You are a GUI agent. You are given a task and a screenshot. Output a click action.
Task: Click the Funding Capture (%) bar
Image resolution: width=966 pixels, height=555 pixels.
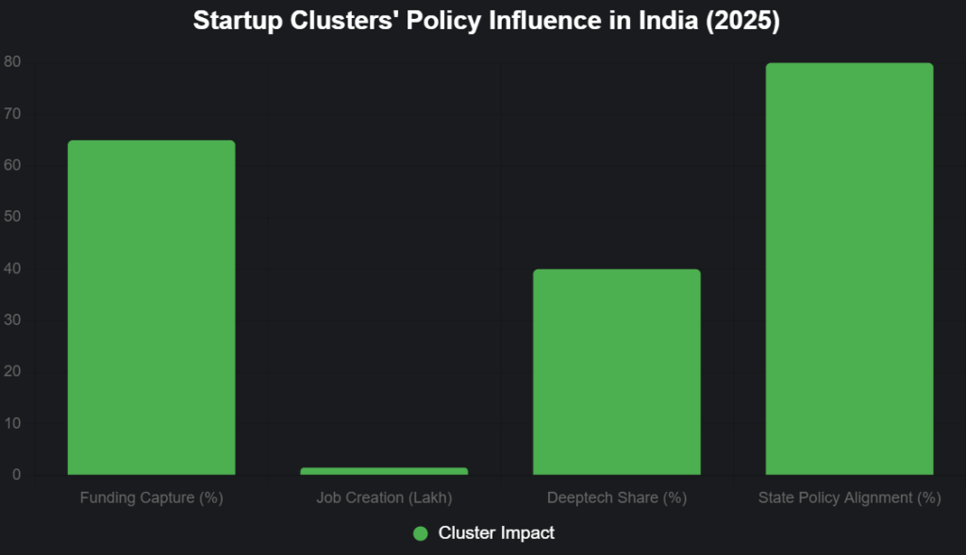click(151, 307)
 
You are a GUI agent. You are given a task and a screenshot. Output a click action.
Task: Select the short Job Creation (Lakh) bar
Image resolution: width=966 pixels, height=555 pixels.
click(384, 470)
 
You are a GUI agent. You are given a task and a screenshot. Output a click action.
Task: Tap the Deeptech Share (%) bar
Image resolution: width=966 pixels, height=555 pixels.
click(617, 371)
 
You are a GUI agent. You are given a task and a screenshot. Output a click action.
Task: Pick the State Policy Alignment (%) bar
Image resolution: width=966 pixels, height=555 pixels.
click(849, 269)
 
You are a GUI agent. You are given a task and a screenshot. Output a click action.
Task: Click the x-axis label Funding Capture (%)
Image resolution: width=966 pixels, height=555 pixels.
click(151, 498)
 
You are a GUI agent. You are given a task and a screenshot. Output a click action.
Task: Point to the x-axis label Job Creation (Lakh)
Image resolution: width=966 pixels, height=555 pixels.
click(384, 498)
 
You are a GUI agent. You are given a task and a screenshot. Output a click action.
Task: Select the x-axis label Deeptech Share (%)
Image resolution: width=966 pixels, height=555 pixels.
click(617, 498)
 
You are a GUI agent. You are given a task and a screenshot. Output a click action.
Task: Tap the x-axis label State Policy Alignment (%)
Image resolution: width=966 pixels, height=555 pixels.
click(849, 498)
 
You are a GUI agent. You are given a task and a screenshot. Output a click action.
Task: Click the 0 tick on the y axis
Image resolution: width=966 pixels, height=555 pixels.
click(16, 475)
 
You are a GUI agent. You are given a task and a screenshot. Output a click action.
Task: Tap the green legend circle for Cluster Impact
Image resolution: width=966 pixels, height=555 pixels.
click(421, 533)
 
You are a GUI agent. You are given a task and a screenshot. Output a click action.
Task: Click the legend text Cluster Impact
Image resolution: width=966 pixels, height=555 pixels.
click(496, 533)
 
